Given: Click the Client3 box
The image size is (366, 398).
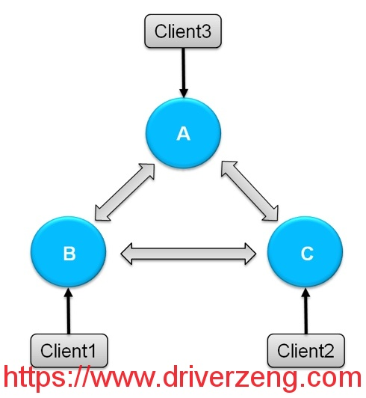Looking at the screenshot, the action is [x=183, y=31].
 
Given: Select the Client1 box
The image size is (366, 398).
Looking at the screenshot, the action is [x=69, y=350].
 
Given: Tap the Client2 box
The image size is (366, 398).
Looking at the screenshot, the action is [x=306, y=350].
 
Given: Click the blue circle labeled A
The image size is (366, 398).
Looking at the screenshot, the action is [x=183, y=133].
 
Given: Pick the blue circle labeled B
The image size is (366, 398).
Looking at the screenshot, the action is [x=69, y=252].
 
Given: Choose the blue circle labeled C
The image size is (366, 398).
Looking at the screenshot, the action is [x=305, y=252].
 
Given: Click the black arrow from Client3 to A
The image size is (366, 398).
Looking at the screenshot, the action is [x=183, y=73].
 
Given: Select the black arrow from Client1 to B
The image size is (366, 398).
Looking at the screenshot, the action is [x=69, y=310].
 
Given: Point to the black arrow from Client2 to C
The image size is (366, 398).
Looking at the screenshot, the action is [x=306, y=310].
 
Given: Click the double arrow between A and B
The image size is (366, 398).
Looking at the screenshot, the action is [x=125, y=192].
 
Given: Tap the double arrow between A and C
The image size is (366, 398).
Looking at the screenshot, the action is [x=249, y=190].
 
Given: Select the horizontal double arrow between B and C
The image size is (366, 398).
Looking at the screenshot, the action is [x=188, y=254].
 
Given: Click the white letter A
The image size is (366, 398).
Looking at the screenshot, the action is [x=183, y=134].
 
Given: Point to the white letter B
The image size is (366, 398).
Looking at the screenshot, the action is [x=69, y=254].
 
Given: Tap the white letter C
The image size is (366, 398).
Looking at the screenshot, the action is [x=307, y=254].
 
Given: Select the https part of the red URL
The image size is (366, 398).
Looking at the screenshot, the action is [x=34, y=379].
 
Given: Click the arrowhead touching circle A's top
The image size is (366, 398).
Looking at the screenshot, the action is [x=184, y=94].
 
